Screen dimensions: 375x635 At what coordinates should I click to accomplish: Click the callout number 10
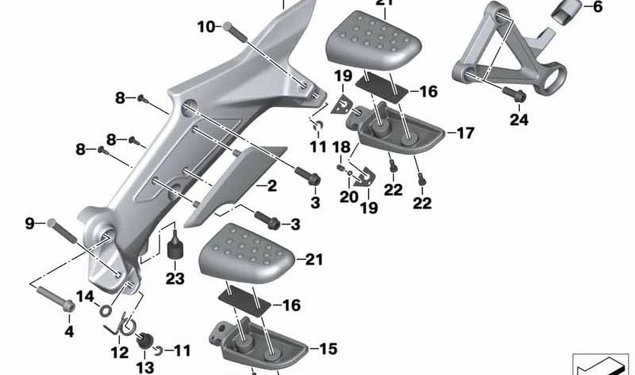pyautogui.click(x=206, y=27)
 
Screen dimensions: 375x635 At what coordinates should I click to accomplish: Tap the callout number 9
pyautogui.click(x=30, y=224)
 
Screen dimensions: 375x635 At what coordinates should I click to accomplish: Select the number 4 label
pyautogui.click(x=68, y=331)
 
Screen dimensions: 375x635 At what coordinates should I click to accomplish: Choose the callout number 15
pyautogui.click(x=328, y=348)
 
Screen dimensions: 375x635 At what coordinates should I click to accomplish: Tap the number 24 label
pyautogui.click(x=519, y=121)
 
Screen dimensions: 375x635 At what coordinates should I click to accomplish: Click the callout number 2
pyautogui.click(x=271, y=187)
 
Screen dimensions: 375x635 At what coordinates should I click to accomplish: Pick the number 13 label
pyautogui.click(x=144, y=366)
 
